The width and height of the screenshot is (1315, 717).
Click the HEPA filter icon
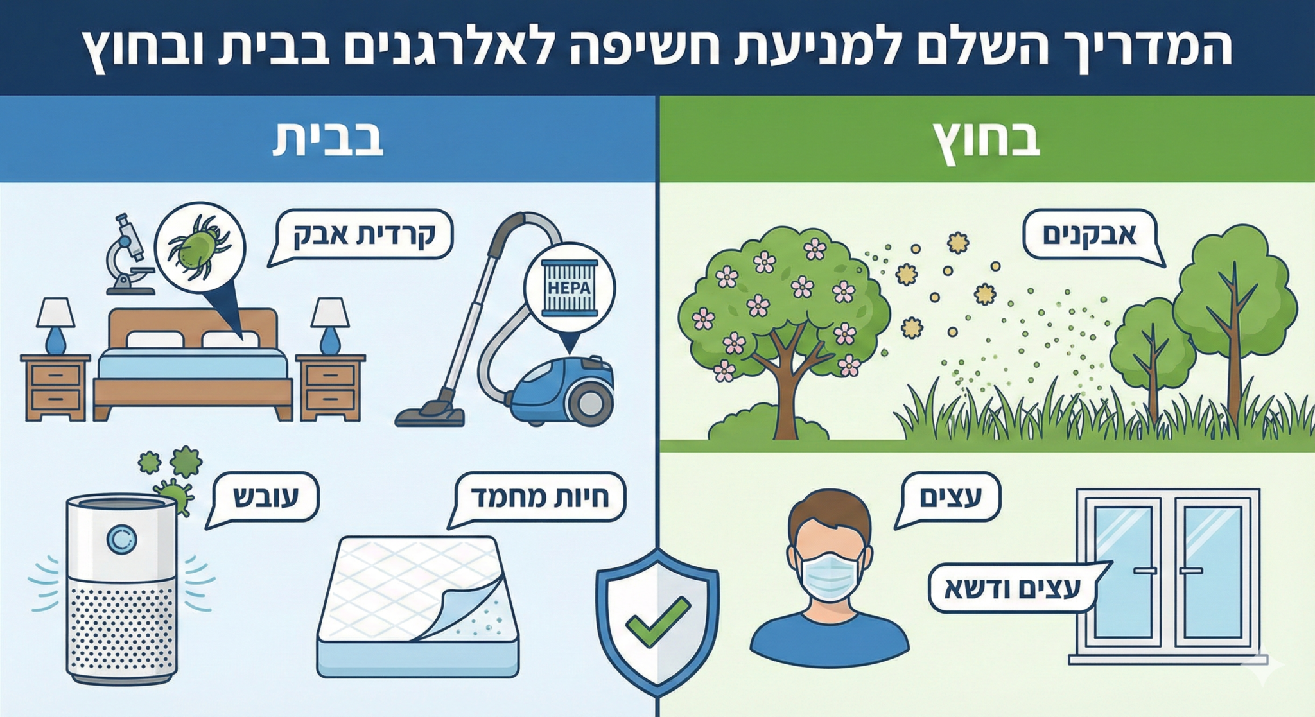tap(570, 288)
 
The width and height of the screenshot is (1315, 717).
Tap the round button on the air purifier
tap(121, 541)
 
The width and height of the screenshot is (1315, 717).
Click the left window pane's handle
tap(1145, 570)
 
